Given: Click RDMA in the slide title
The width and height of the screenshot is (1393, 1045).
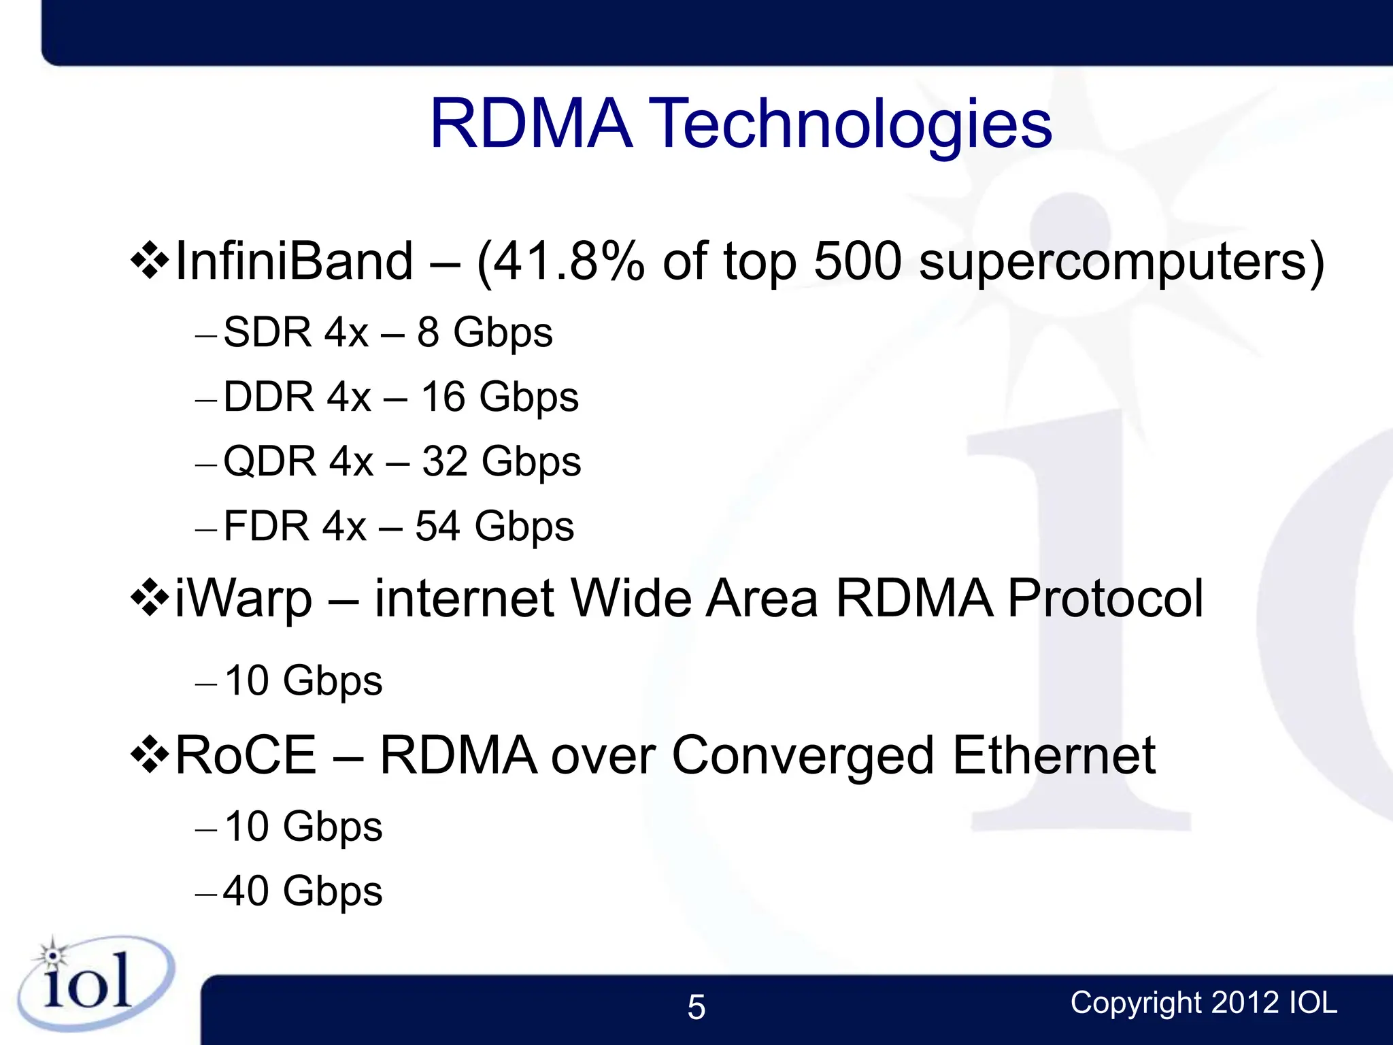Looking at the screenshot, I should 531,125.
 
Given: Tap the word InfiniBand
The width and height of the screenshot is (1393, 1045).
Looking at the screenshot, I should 294,261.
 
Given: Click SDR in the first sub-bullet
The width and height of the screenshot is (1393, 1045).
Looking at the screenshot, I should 267,333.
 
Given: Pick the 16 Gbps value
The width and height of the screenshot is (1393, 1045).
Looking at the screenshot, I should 500,397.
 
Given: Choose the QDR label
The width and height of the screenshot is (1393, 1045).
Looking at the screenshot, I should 270,462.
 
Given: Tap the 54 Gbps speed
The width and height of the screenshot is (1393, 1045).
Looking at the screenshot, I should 494,527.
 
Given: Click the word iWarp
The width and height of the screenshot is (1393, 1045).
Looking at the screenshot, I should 243,599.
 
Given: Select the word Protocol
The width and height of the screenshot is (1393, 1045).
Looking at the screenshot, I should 1105,598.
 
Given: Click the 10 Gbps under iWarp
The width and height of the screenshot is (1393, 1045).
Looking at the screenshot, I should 303,681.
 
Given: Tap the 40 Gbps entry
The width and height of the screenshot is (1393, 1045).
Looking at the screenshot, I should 303,891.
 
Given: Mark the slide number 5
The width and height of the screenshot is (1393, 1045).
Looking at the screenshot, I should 696,1007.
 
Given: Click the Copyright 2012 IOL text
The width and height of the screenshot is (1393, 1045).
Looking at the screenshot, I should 1203,1003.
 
